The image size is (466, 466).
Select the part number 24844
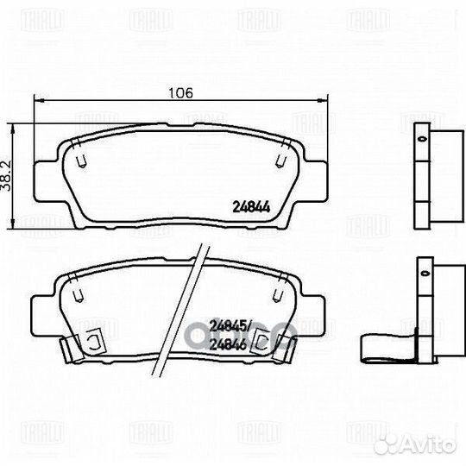250,206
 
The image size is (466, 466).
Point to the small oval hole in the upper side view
421,137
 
